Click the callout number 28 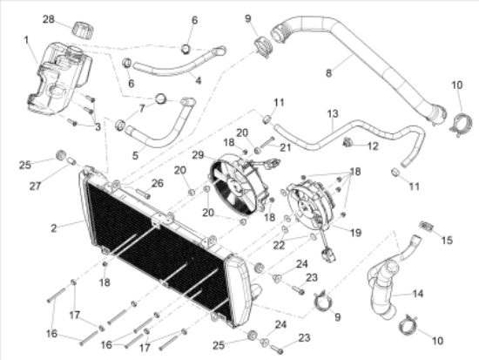click(48, 19)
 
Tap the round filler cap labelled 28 click(83, 31)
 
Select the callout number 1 click(27, 40)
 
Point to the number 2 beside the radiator click(54, 228)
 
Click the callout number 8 click(328, 73)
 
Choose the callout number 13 click(333, 114)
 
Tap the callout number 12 click(373, 146)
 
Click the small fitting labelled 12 click(347, 142)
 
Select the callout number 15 click(447, 240)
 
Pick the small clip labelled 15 click(427, 227)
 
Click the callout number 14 click(418, 294)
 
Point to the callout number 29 click(198, 155)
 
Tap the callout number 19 click(356, 233)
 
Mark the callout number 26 click(158, 184)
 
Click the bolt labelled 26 click(143, 194)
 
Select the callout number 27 click(36, 186)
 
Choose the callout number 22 click(279, 245)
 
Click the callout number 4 click(199, 81)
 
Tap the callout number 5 click(135, 156)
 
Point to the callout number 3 click(98, 127)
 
